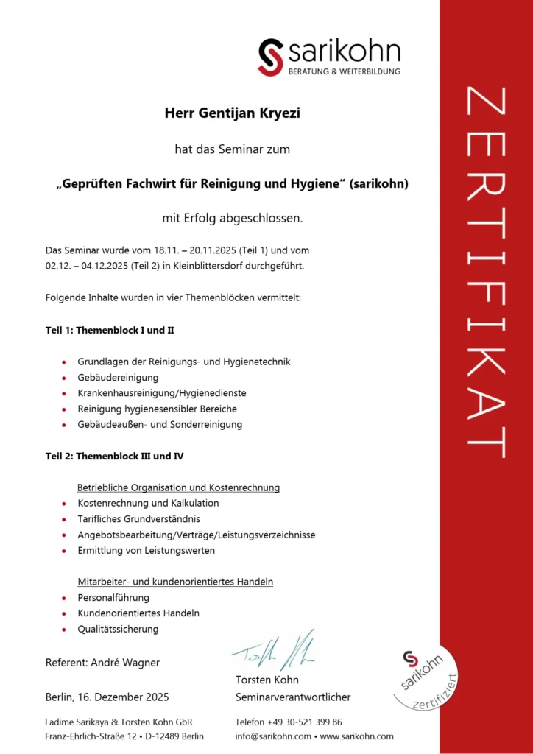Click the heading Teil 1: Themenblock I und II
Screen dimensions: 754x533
point(110,330)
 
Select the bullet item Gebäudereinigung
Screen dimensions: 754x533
point(118,377)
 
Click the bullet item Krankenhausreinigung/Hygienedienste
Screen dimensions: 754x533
point(162,392)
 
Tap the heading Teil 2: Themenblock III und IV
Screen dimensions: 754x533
point(114,456)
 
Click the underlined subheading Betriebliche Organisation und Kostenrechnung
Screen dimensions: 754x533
point(178,487)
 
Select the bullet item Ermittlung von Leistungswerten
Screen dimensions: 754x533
point(146,550)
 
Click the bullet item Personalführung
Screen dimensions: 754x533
point(113,597)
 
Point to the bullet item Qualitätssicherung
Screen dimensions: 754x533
point(118,629)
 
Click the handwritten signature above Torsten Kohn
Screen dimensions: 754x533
point(272,648)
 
